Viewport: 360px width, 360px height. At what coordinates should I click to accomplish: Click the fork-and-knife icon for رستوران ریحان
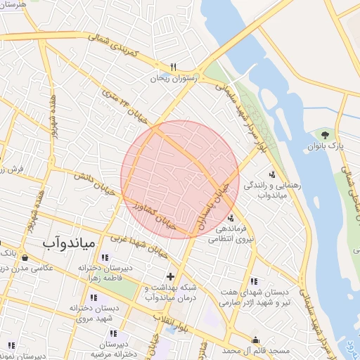click(x=172, y=67)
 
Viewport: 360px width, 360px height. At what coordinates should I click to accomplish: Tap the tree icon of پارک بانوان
click(x=324, y=134)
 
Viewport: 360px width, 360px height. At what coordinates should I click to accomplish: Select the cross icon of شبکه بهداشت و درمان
click(x=169, y=276)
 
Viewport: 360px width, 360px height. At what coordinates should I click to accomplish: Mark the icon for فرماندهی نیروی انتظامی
click(x=232, y=217)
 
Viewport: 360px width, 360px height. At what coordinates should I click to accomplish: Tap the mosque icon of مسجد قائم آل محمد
click(x=255, y=340)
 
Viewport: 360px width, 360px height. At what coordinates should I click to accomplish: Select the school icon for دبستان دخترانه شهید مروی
click(x=94, y=297)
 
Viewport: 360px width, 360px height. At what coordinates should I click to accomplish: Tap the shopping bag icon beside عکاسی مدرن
click(x=24, y=257)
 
